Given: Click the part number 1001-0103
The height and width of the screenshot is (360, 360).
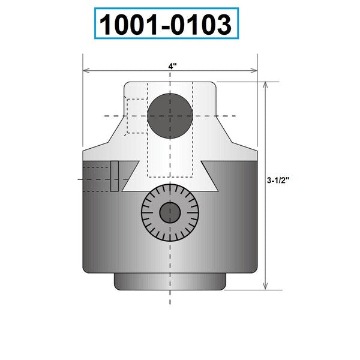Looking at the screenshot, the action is click(166, 24).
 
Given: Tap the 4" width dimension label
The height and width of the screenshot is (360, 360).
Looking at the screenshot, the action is click(172, 66).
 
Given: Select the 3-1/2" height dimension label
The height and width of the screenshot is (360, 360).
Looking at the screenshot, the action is click(278, 180).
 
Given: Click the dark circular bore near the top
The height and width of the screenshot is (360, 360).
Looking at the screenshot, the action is click(170, 116).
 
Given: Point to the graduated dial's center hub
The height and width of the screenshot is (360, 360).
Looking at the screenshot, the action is click(170, 212).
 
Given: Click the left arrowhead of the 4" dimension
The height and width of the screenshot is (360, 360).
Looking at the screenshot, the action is click(86, 70).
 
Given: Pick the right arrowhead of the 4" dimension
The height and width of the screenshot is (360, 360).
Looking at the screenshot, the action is click(254, 70).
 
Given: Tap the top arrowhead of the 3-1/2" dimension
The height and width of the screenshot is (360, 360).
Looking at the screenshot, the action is click(265, 85).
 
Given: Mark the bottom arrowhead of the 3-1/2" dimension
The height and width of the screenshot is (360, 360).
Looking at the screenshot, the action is click(265, 286).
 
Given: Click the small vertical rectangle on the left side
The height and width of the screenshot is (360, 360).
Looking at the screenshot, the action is click(115, 176).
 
